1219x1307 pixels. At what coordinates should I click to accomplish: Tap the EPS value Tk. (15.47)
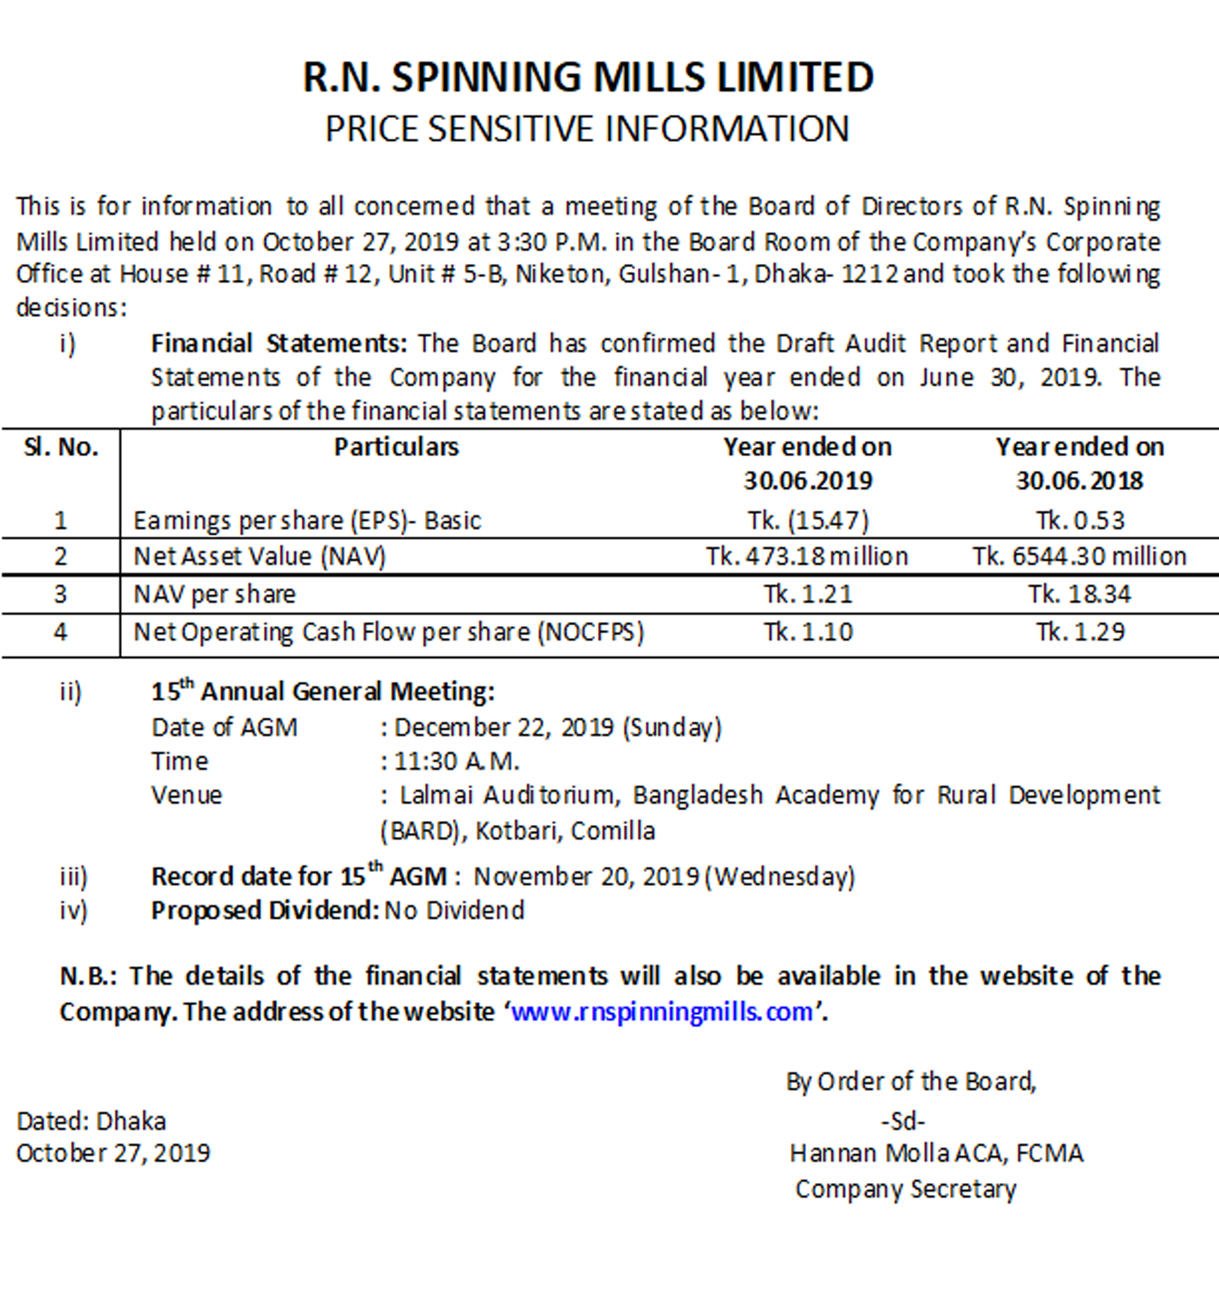[808, 521]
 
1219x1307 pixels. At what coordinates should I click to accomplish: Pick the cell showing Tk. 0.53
[1080, 521]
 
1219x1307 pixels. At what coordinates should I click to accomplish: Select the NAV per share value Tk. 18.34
[1080, 594]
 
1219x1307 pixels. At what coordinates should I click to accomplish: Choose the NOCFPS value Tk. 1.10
[808, 632]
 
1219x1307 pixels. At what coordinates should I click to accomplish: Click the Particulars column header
[397, 447]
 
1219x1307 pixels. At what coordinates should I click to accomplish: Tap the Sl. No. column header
[61, 448]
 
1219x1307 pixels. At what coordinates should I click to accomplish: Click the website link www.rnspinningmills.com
[662, 1012]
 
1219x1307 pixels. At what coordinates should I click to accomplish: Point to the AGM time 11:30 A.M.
[457, 761]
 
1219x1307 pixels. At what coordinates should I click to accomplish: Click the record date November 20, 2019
[587, 877]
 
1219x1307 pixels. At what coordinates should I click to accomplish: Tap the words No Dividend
[454, 911]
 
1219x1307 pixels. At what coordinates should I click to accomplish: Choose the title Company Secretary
[906, 1189]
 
